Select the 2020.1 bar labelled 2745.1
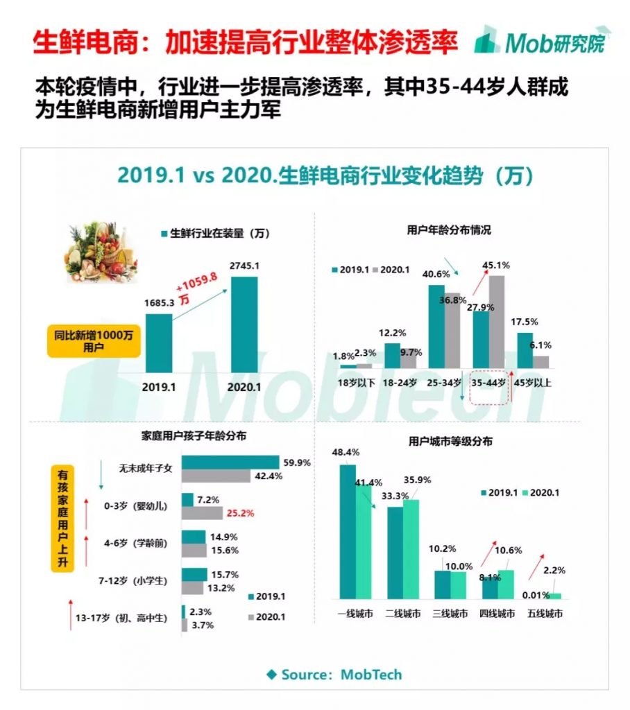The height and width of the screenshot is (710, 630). pyautogui.click(x=244, y=324)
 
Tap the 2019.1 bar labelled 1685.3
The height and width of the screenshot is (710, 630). pyautogui.click(x=159, y=343)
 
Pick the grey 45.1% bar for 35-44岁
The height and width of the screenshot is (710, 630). pyautogui.click(x=497, y=322)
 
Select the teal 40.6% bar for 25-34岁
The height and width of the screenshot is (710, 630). pyautogui.click(x=436, y=326)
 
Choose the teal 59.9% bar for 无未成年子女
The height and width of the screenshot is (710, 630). pyautogui.click(x=230, y=462)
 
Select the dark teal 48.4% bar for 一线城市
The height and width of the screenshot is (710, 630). pyautogui.click(x=348, y=531)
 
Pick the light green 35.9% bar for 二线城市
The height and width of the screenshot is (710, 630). pyautogui.click(x=411, y=548)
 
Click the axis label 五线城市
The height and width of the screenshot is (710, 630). pyautogui.click(x=545, y=614)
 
